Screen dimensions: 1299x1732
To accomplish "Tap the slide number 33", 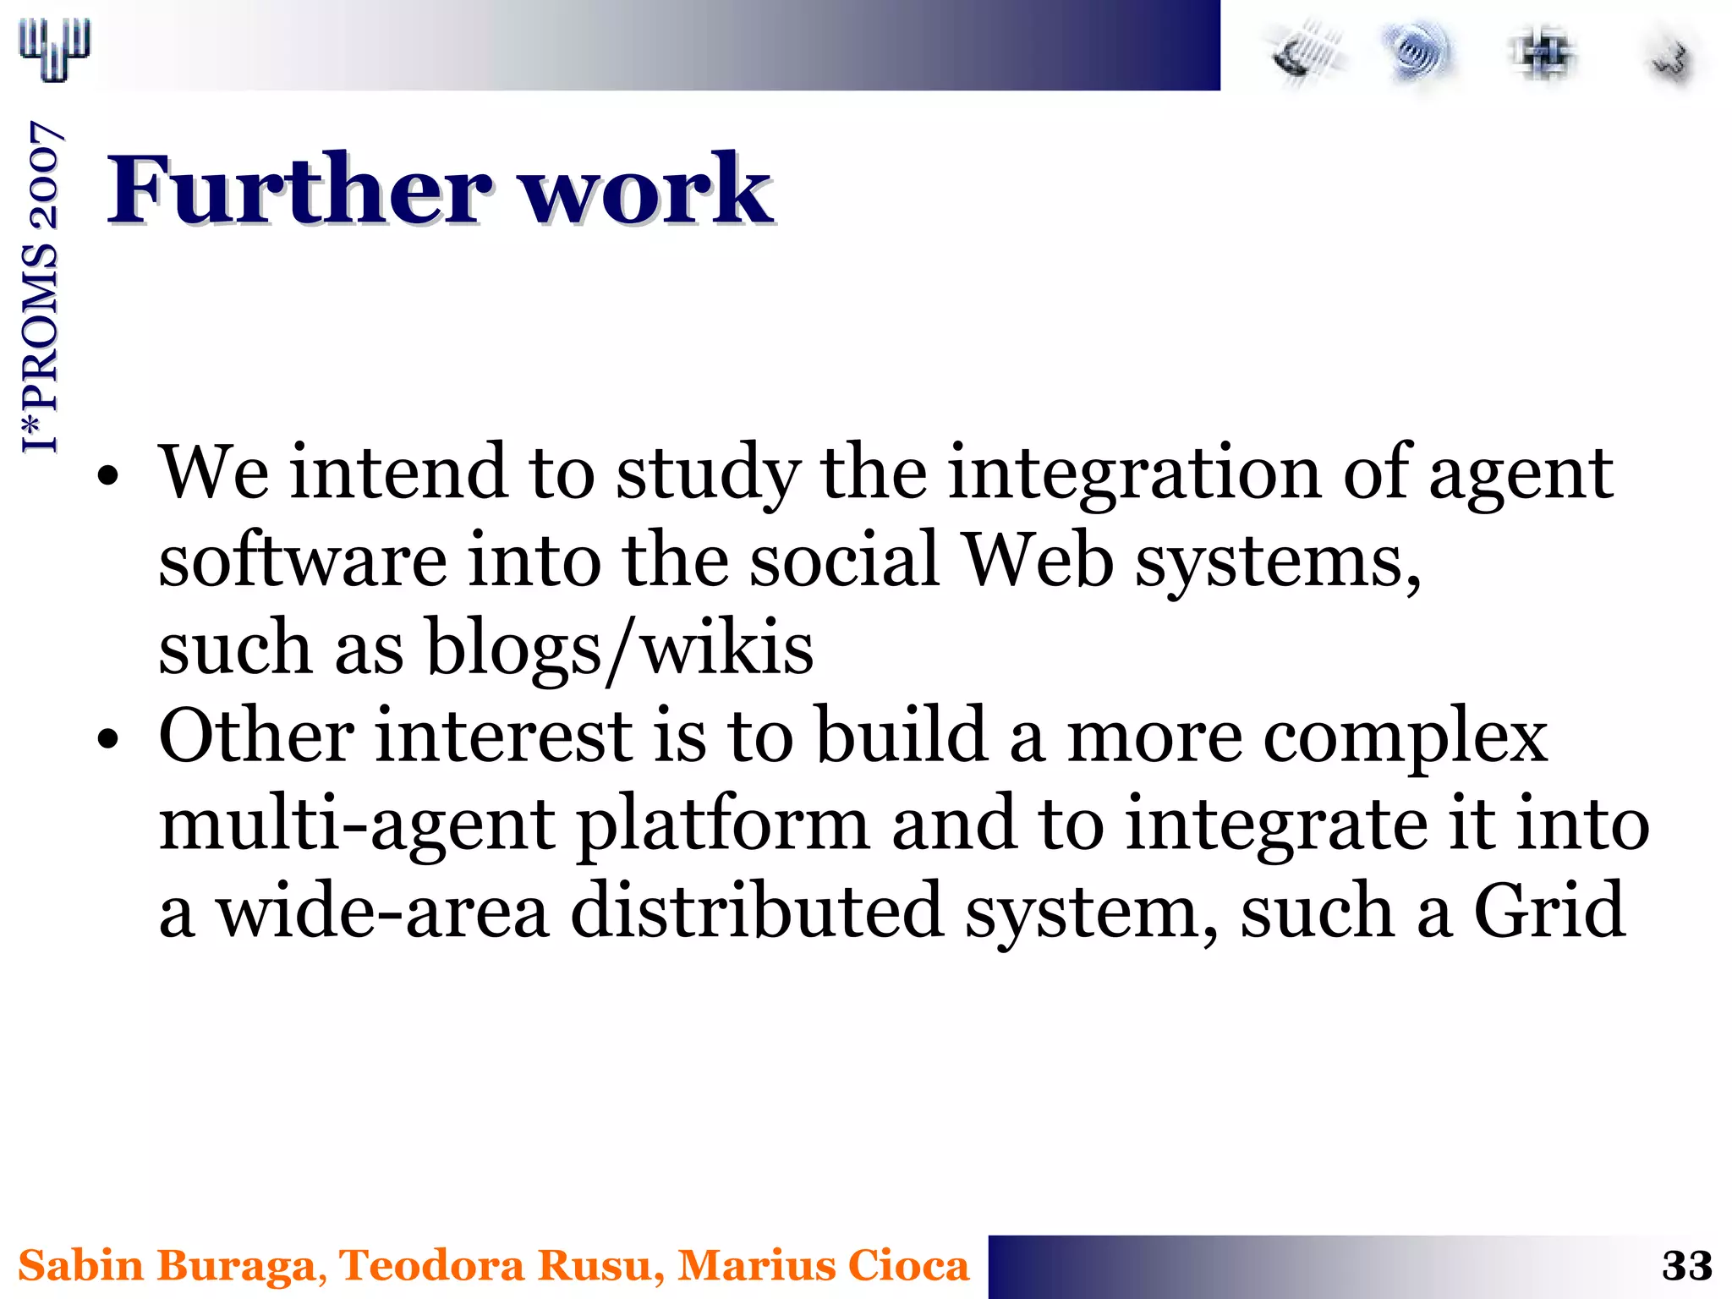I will (1686, 1266).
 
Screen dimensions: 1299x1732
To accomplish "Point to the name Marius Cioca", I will (823, 1266).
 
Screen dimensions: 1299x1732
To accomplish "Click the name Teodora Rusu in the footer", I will (496, 1266).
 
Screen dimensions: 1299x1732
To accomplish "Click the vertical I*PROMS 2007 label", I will (41, 288).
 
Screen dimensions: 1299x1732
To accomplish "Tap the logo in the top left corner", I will (54, 49).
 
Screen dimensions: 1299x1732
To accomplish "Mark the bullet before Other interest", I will (107, 739).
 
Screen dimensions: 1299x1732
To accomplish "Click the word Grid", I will (1549, 911).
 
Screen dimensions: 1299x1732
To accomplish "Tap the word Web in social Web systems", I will (1039, 560).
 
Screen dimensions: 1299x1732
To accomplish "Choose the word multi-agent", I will (357, 824).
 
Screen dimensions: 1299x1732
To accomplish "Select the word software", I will (303, 560).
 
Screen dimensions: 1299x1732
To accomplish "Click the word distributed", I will (757, 911).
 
